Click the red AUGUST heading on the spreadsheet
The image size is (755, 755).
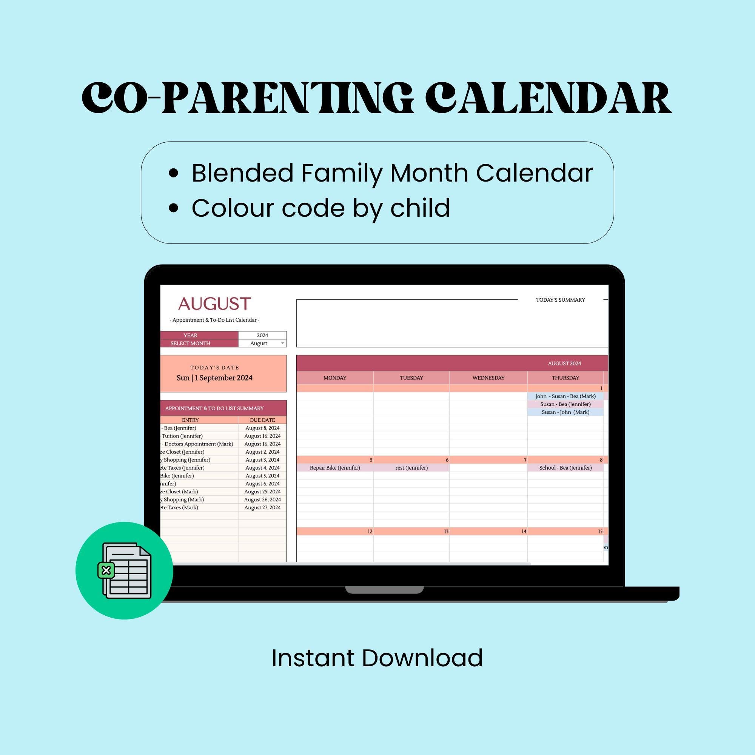[214, 304]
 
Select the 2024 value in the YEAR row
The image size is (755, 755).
[262, 335]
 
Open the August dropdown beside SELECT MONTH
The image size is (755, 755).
[282, 344]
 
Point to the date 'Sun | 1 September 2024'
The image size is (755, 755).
[214, 378]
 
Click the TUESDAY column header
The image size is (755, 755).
[411, 378]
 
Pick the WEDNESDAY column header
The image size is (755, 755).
[488, 378]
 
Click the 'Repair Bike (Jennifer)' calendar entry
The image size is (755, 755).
[334, 468]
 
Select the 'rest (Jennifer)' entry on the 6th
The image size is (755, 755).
[411, 468]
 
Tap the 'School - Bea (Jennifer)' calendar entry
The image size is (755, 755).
[565, 468]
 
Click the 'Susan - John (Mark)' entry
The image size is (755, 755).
[565, 412]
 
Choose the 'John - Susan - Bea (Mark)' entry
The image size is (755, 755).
[565, 396]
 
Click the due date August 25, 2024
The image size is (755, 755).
[262, 492]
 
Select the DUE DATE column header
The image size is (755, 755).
[262, 420]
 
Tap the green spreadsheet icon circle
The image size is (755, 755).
[124, 570]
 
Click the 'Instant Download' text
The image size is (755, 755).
[377, 658]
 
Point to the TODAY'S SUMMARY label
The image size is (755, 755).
[560, 300]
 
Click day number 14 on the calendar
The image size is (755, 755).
[524, 532]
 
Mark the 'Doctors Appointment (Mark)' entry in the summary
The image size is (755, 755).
[198, 444]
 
